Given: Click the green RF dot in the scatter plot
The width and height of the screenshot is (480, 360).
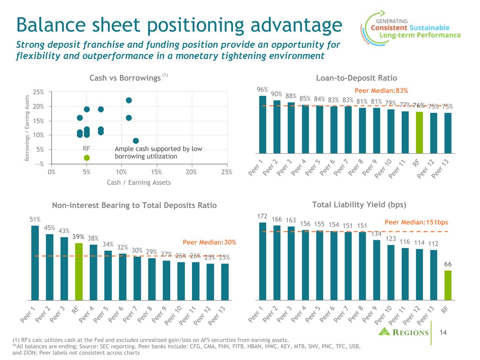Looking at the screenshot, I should coord(87,157).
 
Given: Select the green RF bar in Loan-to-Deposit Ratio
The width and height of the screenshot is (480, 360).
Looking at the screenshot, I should coord(419,133).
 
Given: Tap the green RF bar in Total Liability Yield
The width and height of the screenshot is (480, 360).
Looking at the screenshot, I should coord(448,285).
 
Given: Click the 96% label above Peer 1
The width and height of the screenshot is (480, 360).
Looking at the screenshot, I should coord(262,90).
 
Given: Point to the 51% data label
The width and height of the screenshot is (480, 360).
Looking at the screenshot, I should coord(35,219).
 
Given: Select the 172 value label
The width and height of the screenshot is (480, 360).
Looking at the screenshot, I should coord(262,216).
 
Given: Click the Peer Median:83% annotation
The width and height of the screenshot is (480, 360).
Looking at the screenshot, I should coord(381,91).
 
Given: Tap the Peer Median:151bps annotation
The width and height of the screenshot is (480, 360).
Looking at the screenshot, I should coord(416,222).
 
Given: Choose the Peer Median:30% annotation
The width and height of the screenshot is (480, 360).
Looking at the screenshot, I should coord(209,243).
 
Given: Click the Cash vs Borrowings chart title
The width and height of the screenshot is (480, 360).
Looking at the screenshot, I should coord(125,78).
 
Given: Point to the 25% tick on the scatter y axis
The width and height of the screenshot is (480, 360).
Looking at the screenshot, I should coord(38,92).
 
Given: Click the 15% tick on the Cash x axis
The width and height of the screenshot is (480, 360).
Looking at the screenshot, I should coord(156,172).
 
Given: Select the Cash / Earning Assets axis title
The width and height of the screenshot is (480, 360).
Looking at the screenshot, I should coord(139,182).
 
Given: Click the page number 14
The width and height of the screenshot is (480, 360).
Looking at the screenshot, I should coord(443,332).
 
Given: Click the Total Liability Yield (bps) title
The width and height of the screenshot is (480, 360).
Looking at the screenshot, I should coord(359,205).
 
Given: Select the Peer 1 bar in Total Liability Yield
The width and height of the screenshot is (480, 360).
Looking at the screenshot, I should coord(262,261).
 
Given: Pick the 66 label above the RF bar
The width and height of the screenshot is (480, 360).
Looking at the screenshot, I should coord(448,264).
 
